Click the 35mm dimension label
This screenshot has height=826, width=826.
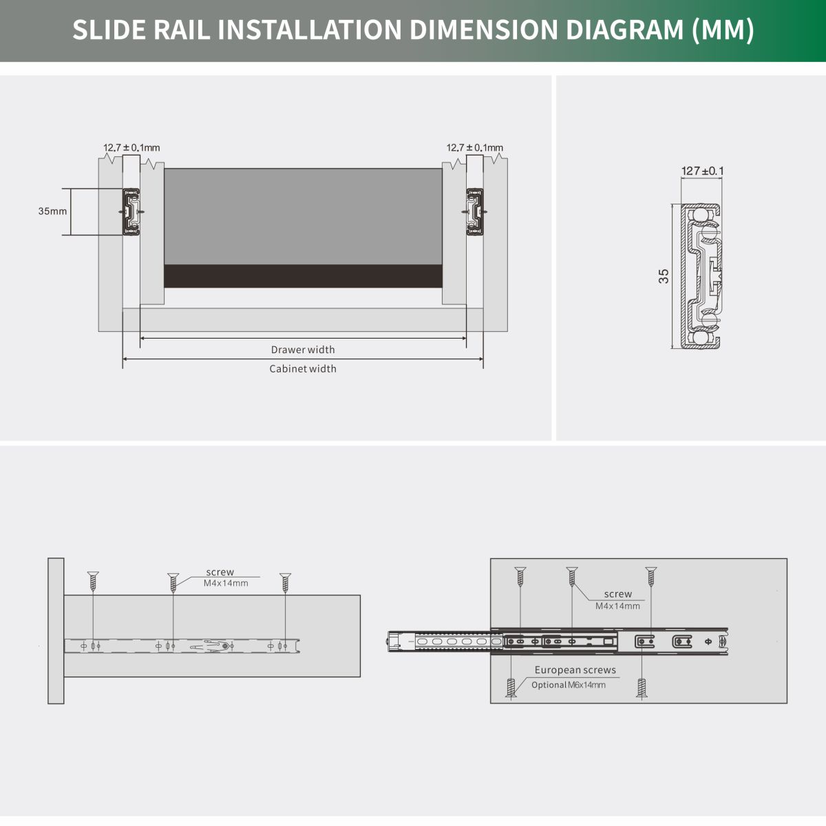[x=52, y=211]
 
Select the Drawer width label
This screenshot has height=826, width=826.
[x=303, y=350]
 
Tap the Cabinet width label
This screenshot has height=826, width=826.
[x=303, y=369]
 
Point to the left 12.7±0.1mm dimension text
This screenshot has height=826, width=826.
[x=131, y=147]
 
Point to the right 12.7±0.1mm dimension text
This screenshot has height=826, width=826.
[x=474, y=147]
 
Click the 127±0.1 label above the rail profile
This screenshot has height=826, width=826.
[x=702, y=171]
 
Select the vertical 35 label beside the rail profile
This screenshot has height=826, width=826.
[x=664, y=276]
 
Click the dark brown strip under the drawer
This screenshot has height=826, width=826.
[x=303, y=276]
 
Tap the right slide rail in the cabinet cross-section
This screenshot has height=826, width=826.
[x=475, y=212]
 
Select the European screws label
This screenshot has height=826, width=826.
[x=575, y=670]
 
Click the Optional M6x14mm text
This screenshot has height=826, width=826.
[x=569, y=685]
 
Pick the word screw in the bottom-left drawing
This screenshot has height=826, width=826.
[x=220, y=572]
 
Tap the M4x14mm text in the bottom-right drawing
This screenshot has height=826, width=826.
[x=617, y=606]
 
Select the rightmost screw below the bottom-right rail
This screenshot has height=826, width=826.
[x=642, y=688]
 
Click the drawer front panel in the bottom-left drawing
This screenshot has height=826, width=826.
[x=56, y=631]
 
